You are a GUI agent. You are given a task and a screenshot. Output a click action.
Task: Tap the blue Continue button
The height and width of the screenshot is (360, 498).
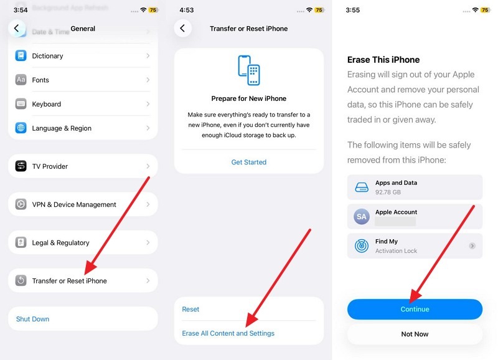(x=415, y=309)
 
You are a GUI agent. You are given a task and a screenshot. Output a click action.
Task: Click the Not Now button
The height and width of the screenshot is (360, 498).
(x=415, y=334)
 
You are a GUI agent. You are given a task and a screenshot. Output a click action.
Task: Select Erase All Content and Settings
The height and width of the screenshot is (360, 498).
(x=228, y=333)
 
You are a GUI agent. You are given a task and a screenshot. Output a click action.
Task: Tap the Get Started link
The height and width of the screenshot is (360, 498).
(x=248, y=162)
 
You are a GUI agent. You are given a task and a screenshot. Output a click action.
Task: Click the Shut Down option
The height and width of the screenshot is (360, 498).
(x=33, y=319)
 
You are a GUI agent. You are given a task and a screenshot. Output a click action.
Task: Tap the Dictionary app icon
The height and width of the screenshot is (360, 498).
(x=21, y=55)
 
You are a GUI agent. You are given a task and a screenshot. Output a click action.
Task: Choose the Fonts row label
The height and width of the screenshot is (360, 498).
(x=40, y=80)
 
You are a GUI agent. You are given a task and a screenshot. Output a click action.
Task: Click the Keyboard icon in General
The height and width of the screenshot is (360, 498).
(x=21, y=104)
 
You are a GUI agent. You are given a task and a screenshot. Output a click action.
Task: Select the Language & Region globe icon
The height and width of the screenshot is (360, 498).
(x=21, y=128)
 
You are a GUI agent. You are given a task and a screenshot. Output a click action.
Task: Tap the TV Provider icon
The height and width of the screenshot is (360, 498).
(x=21, y=166)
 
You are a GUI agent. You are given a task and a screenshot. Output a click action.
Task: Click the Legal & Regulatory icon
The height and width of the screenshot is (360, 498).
(x=21, y=242)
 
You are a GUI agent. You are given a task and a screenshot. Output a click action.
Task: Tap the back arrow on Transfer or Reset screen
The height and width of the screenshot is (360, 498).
(x=182, y=28)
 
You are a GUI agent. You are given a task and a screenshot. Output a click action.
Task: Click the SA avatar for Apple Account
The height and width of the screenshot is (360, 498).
(x=362, y=217)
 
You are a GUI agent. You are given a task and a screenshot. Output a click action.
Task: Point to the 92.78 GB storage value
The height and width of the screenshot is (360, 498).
(x=388, y=192)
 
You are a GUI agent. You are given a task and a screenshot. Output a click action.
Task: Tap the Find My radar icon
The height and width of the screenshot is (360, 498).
(x=362, y=246)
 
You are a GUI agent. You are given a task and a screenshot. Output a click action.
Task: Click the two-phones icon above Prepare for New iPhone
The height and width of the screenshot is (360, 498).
(x=249, y=70)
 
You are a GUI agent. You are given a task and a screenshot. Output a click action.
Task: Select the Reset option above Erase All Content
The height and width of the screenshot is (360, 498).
(x=190, y=309)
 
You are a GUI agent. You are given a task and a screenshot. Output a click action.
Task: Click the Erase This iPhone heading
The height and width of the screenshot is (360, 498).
(x=383, y=60)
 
